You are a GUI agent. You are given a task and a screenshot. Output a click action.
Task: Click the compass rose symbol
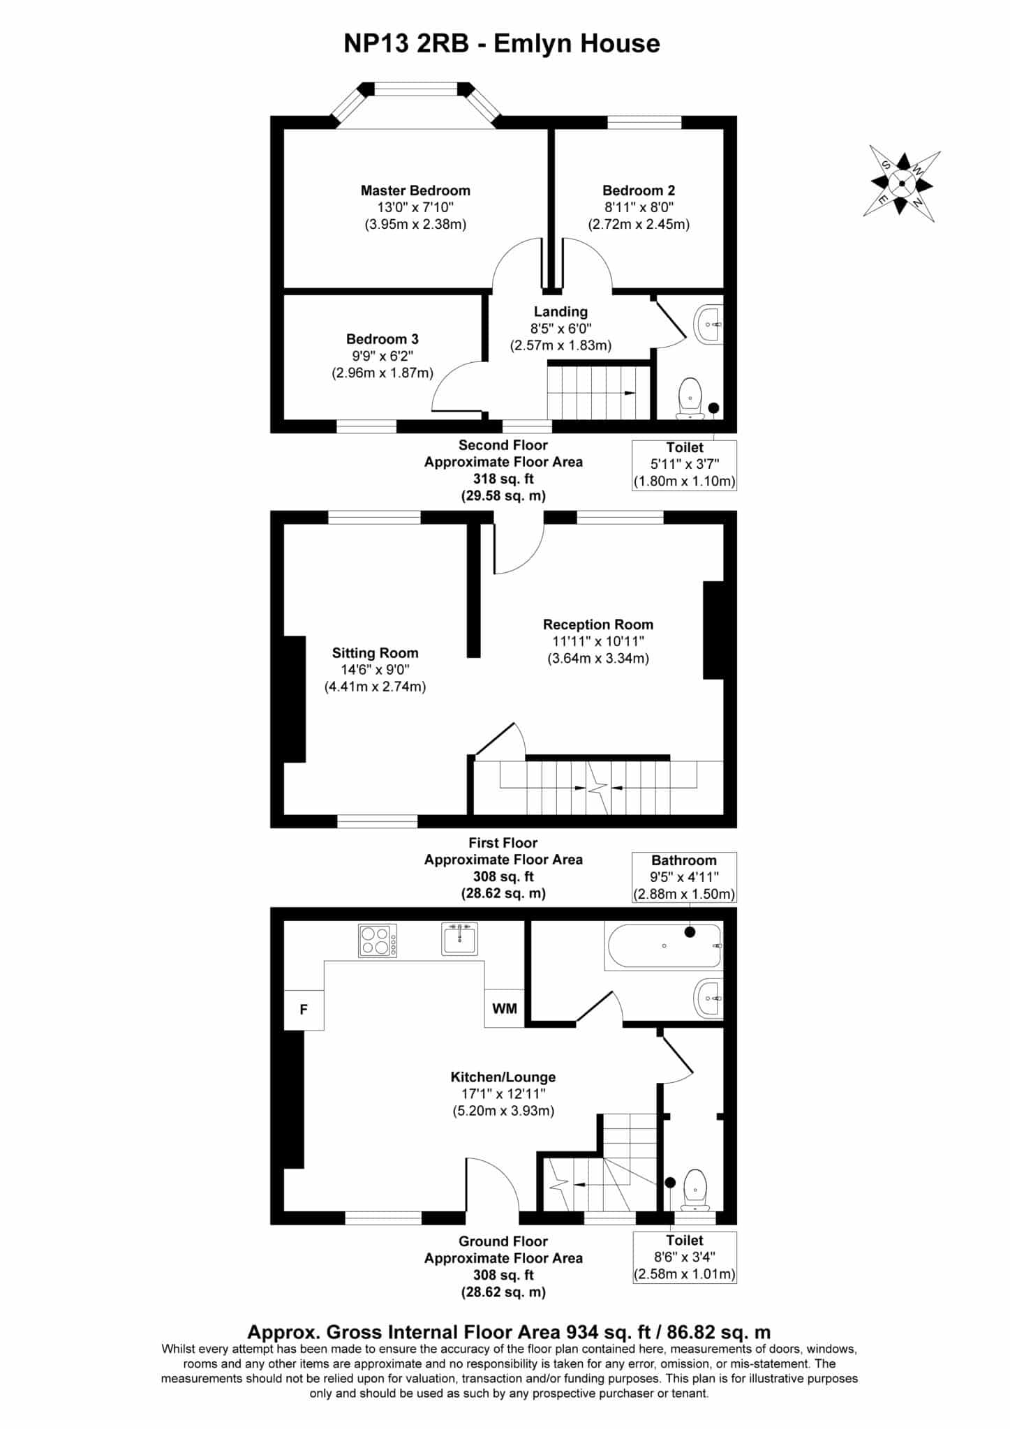tap(901, 184)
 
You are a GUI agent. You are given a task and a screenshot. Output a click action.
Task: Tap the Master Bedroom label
tap(415, 190)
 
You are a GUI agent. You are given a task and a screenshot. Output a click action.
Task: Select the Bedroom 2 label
tap(639, 190)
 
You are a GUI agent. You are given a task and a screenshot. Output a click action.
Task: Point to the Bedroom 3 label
tap(383, 339)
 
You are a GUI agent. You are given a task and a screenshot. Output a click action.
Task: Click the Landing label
tap(560, 312)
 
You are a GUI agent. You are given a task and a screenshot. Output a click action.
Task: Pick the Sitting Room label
tap(375, 653)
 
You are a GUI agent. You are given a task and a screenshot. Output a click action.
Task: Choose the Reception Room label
tap(598, 624)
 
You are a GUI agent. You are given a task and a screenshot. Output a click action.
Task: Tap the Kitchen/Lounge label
tap(503, 1077)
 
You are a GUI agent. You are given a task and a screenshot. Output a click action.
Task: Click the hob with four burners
tap(378, 940)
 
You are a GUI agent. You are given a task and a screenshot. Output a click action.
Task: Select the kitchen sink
tap(460, 938)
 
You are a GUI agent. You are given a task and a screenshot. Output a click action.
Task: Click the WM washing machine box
tap(505, 1008)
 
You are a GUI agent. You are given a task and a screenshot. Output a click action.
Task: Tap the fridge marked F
tap(304, 1009)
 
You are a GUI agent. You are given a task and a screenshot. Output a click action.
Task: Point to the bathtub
tap(663, 946)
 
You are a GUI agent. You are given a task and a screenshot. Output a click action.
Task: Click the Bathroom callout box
tap(684, 877)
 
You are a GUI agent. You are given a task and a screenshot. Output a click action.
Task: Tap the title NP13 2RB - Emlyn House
tap(502, 43)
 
